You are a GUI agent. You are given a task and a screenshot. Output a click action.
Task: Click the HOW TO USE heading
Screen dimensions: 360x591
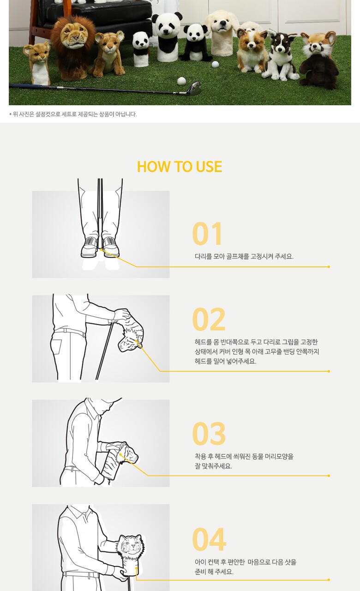point(180,167)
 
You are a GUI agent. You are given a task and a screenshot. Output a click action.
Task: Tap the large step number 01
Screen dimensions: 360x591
point(207,234)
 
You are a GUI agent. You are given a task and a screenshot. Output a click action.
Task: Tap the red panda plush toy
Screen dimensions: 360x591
point(318,60)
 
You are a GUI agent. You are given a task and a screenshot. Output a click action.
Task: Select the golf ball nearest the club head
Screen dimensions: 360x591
point(181,81)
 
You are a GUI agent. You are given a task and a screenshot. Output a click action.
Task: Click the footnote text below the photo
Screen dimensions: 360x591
point(73,114)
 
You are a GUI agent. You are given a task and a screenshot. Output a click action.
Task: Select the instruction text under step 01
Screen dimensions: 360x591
point(244,256)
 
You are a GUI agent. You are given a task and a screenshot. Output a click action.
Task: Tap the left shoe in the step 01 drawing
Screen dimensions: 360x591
point(90,247)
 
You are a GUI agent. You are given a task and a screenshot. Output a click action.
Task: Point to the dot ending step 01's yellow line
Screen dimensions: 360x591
point(329,267)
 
